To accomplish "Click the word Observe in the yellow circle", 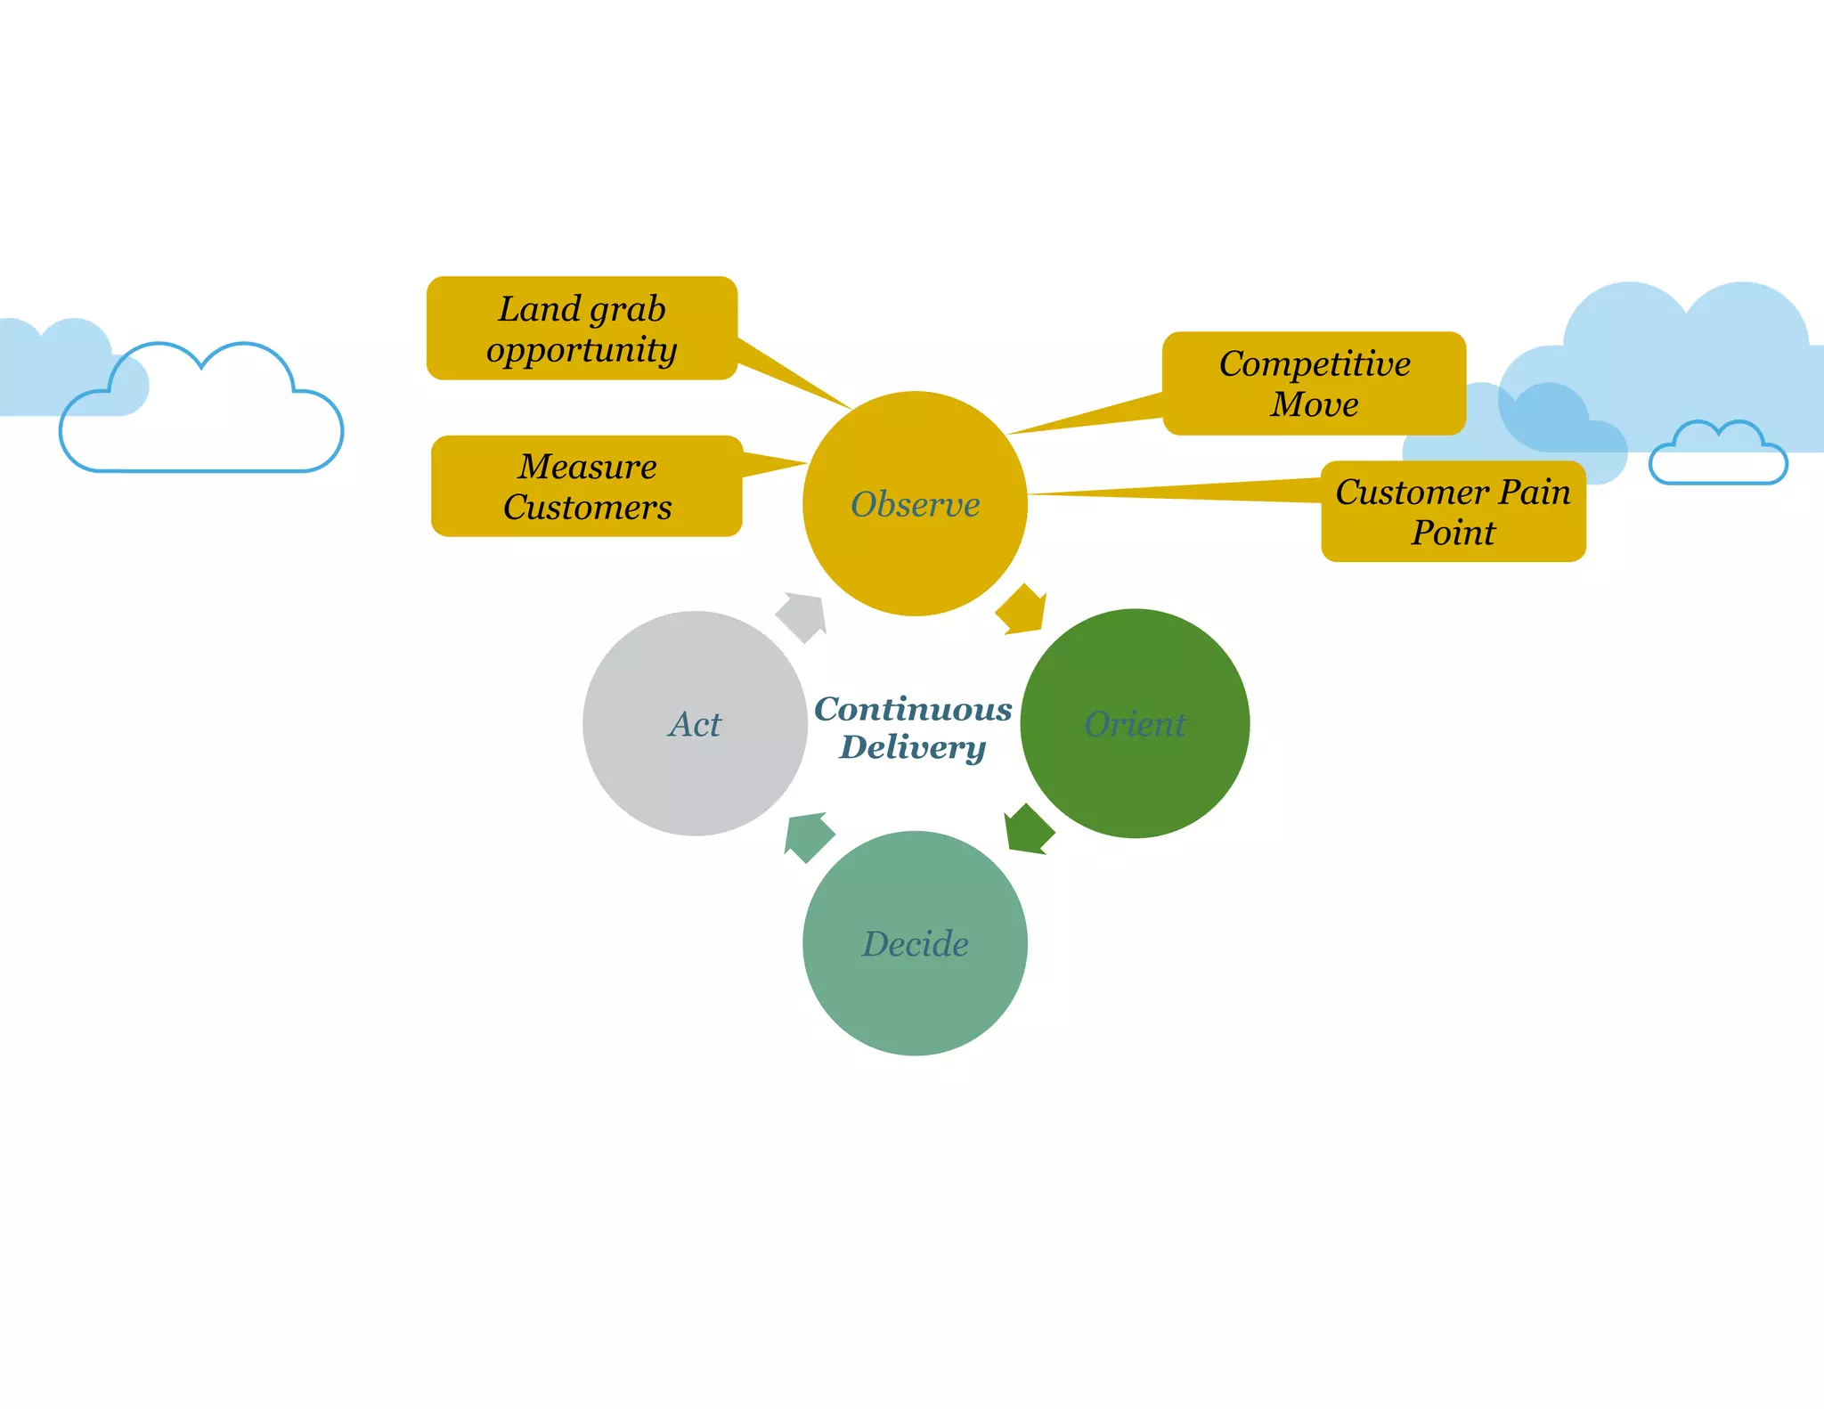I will pyautogui.click(x=915, y=505).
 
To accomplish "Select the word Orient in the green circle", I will pyautogui.click(x=1135, y=724).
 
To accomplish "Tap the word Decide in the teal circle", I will pyautogui.click(x=915, y=944).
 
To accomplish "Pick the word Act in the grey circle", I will pyautogui.click(x=695, y=724).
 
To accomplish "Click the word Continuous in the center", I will pyautogui.click(x=913, y=709).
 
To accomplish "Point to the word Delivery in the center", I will pyautogui.click(x=913, y=747).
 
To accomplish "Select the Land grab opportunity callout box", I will pyautogui.click(x=582, y=329).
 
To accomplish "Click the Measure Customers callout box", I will pyautogui.click(x=587, y=486).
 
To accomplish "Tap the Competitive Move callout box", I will pyautogui.click(x=1314, y=384).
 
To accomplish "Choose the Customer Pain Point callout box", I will pyautogui.click(x=1453, y=512).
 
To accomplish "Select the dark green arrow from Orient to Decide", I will pyautogui.click(x=1028, y=830).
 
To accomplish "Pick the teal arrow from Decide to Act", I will pyautogui.click(x=808, y=836).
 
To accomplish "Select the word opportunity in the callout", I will pyautogui.click(x=582, y=350).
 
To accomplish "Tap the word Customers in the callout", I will pyautogui.click(x=587, y=508).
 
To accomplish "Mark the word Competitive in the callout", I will pyautogui.click(x=1314, y=364).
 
